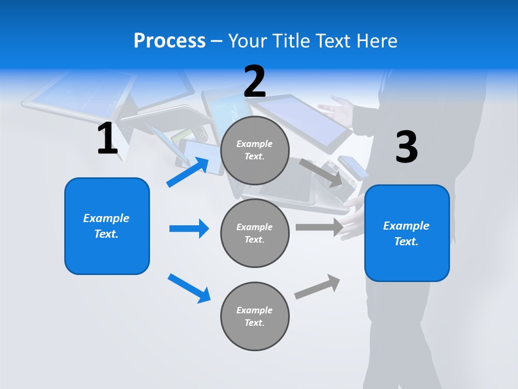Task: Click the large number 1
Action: click(107, 139)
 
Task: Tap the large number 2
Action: click(255, 82)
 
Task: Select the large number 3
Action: click(406, 147)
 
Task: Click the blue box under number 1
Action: click(107, 226)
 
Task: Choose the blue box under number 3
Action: click(407, 233)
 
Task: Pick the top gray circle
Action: click(255, 150)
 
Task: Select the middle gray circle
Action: click(255, 233)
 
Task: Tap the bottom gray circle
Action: click(255, 316)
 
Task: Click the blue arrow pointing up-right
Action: click(188, 172)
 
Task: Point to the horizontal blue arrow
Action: click(189, 229)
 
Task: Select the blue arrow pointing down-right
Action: click(189, 288)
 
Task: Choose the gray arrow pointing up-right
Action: click(317, 287)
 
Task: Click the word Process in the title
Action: click(169, 41)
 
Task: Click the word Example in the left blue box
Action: click(106, 218)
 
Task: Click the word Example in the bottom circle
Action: click(254, 310)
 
